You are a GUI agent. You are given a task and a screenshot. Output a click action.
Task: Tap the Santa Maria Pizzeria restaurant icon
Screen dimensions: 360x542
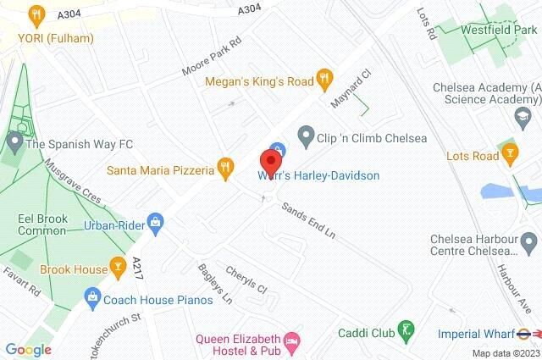point(224,169)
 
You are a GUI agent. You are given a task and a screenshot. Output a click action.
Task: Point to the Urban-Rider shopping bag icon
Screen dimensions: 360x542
point(155,224)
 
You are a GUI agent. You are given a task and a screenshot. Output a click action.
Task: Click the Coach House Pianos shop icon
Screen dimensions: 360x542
point(92,297)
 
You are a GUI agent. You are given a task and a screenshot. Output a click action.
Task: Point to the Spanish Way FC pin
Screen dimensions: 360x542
point(14,143)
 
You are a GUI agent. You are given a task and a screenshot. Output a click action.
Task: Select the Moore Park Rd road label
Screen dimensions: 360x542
point(212,56)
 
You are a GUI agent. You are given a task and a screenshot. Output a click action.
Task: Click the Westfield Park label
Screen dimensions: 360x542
point(501,30)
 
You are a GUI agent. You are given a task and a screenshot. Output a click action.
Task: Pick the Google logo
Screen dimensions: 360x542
point(29,349)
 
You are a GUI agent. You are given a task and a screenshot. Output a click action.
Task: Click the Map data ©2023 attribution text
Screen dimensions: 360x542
point(505,353)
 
